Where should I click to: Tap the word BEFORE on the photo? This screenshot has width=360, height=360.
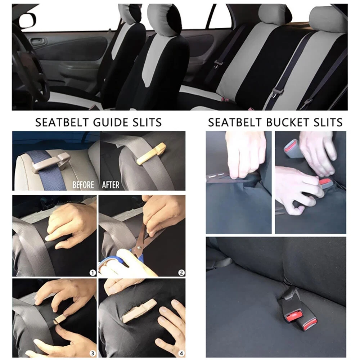click(83, 185)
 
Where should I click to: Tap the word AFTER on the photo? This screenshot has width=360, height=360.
click(111, 185)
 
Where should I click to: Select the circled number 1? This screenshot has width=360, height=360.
click(93, 273)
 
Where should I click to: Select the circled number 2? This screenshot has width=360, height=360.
click(181, 273)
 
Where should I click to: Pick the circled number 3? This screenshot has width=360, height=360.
click(93, 353)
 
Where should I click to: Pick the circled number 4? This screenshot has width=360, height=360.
click(181, 353)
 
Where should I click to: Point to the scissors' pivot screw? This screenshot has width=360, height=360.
click(139, 248)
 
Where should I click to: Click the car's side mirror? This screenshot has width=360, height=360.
click(27, 20)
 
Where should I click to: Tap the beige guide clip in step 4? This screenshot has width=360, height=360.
click(139, 310)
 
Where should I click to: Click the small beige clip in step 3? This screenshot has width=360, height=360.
click(60, 319)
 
